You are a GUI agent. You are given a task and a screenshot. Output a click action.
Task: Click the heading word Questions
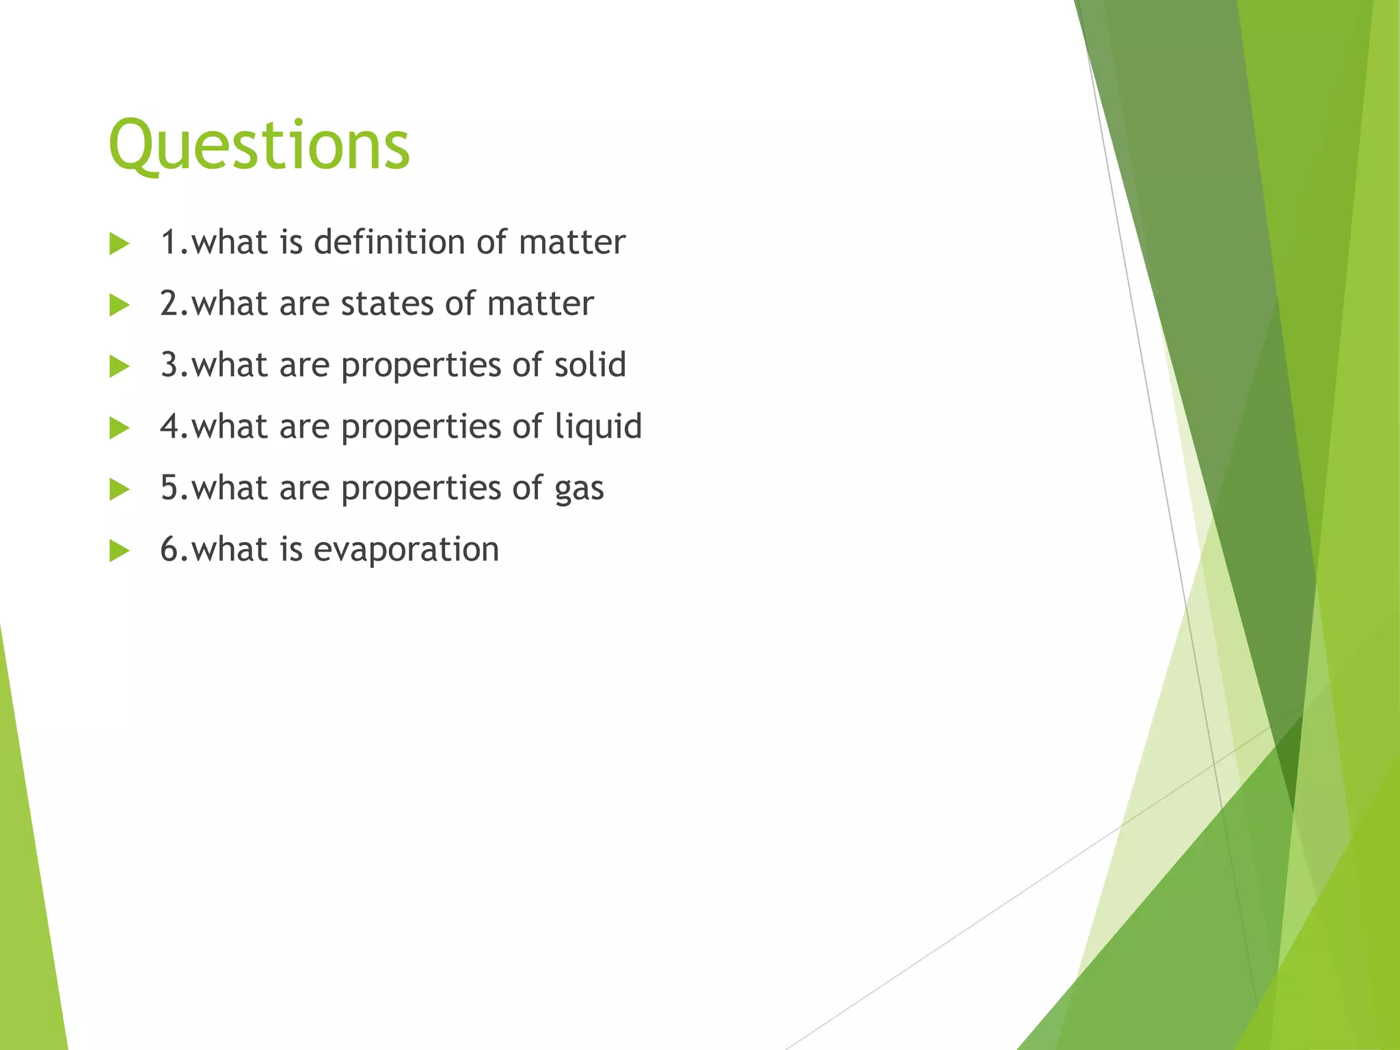point(259,145)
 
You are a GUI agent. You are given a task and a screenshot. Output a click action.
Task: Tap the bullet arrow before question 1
point(119,244)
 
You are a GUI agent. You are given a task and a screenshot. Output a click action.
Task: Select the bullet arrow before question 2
point(119,305)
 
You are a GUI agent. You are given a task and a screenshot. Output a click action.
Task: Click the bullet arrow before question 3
point(119,366)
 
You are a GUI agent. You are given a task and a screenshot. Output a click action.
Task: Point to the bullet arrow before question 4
point(119,428)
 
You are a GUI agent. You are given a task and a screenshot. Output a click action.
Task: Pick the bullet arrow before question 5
point(119,489)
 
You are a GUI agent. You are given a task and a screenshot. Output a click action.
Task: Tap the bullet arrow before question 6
point(119,551)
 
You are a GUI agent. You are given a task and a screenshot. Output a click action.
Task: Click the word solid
point(590,364)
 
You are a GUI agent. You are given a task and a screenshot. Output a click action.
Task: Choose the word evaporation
point(406,550)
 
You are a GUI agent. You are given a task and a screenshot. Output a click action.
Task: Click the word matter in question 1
point(571,242)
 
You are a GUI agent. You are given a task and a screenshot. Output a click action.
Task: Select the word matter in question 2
point(540,304)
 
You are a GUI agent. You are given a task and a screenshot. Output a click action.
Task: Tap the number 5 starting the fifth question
point(169,488)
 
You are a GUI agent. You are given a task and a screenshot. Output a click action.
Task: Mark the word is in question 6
point(291,549)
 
